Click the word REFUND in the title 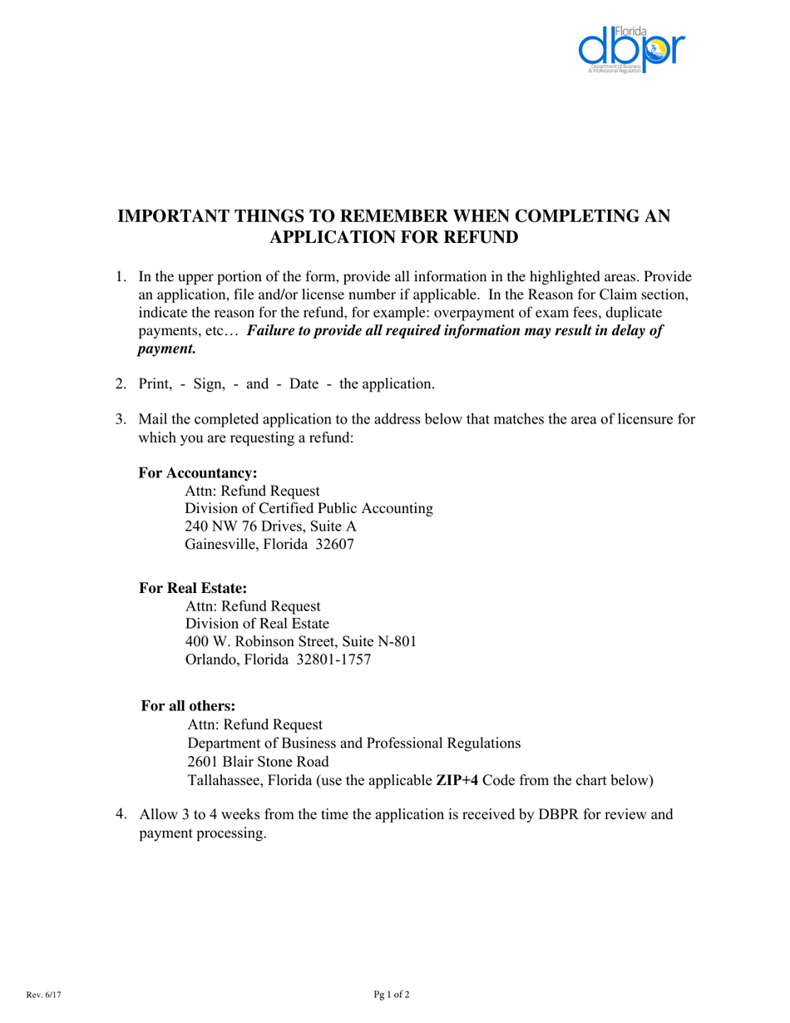click(x=482, y=238)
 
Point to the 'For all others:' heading click(x=188, y=706)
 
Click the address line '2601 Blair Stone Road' click(x=258, y=762)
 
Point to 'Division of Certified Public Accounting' click(x=309, y=508)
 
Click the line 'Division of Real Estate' click(x=257, y=623)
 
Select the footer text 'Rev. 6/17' click(x=43, y=994)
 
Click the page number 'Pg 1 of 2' click(x=392, y=994)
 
